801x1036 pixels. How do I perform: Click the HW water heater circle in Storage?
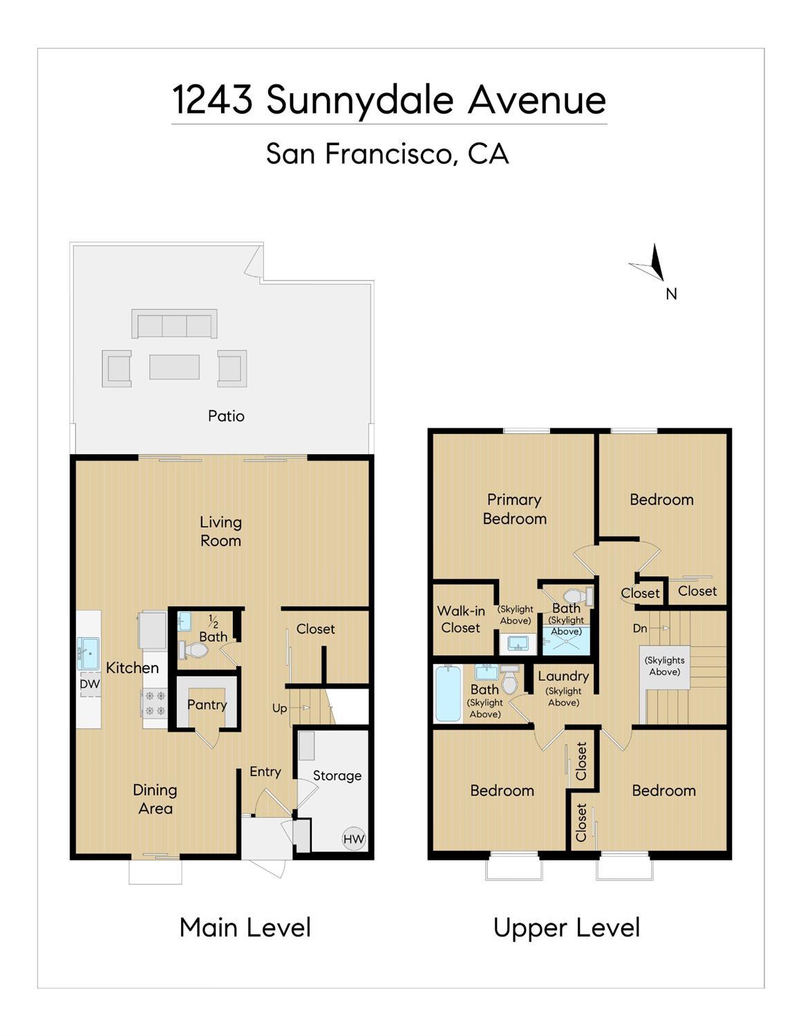tap(354, 838)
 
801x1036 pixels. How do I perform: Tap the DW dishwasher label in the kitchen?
tap(90, 684)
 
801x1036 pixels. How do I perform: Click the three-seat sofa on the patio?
tap(174, 323)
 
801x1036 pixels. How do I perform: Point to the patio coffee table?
tap(174, 367)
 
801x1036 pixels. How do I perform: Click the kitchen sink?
tap(88, 654)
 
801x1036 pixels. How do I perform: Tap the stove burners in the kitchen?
tap(156, 703)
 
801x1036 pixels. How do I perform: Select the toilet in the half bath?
tap(194, 650)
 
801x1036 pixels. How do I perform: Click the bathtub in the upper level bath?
tap(448, 694)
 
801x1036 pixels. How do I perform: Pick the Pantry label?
tap(207, 705)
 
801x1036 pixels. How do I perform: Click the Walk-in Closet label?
tap(460, 619)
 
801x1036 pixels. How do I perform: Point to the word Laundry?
tap(563, 676)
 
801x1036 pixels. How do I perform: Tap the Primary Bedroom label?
tap(514, 509)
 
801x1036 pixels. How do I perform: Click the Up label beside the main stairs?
tap(279, 708)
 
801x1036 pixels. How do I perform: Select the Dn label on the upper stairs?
tap(640, 628)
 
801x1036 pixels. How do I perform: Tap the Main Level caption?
tap(245, 927)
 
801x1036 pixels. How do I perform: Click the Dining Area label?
tap(155, 799)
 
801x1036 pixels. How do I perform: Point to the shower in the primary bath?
tap(567, 641)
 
